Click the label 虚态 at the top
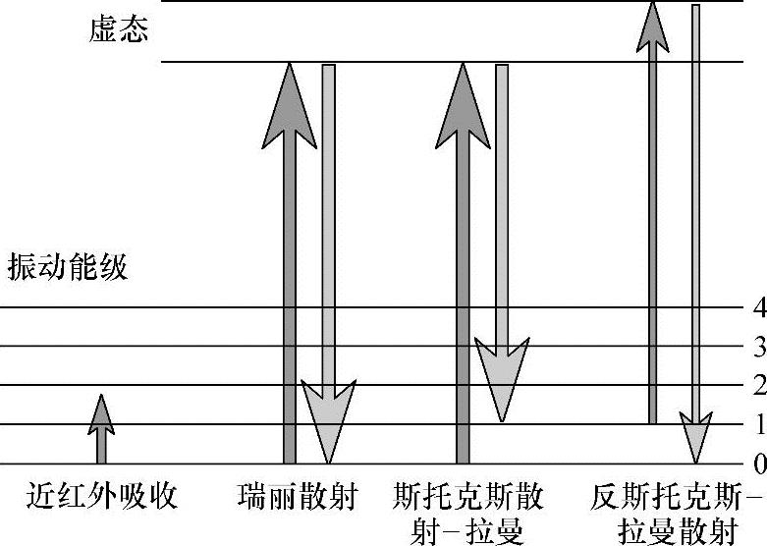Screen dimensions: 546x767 tap(118, 29)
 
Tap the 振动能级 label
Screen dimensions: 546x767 tap(68, 267)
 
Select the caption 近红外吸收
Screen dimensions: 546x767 tap(102, 495)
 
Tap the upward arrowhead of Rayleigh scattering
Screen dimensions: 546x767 tap(290, 103)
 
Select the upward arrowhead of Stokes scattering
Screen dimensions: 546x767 tap(464, 103)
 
